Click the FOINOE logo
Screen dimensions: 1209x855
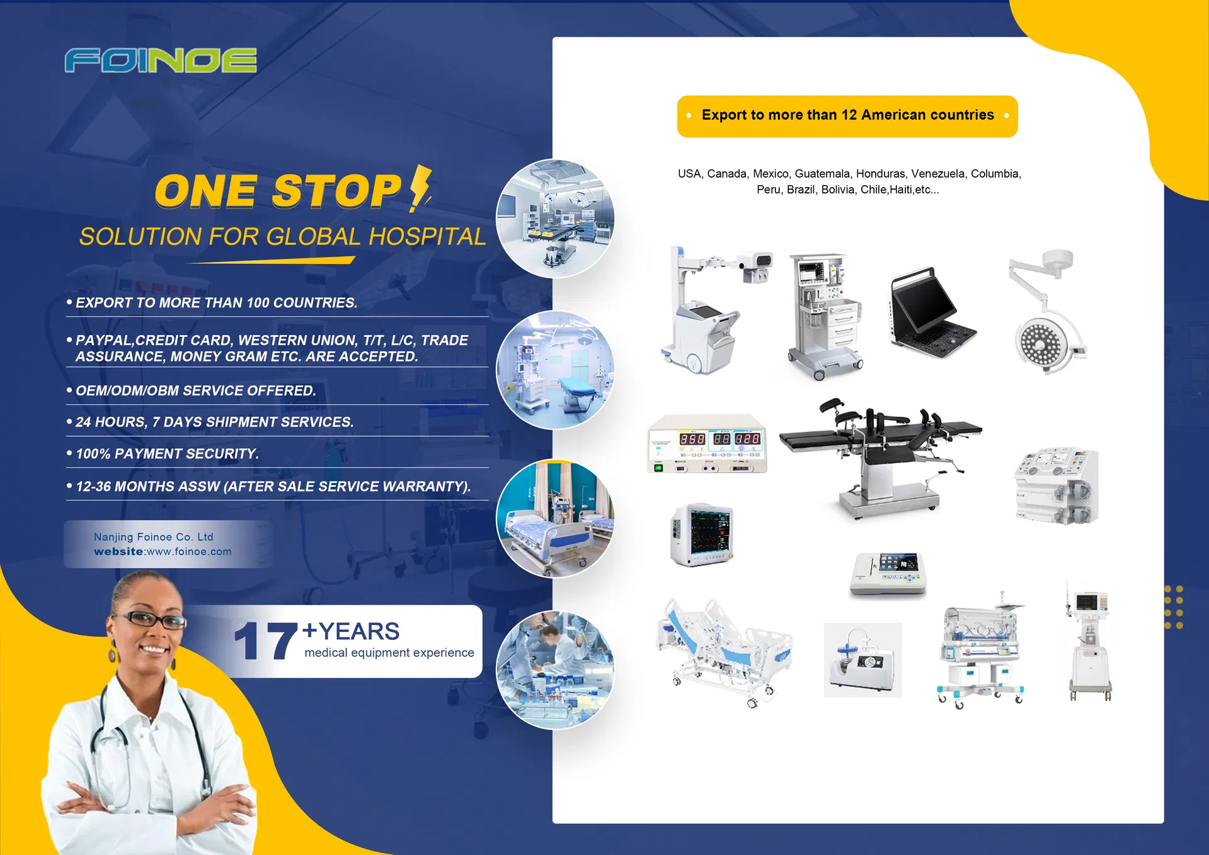coord(161,60)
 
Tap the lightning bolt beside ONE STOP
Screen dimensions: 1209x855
coord(421,188)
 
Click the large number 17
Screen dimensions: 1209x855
coord(266,641)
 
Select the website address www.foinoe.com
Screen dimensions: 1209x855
coord(189,551)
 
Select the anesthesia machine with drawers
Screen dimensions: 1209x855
coord(825,316)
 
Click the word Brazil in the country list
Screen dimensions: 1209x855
coord(801,190)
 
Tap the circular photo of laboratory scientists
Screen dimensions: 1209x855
coord(555,670)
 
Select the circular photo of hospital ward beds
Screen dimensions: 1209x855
coord(555,519)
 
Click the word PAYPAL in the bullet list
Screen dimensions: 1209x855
coord(104,340)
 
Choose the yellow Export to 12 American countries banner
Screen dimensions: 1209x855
coord(847,116)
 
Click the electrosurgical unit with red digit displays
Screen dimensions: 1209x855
coord(707,444)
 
